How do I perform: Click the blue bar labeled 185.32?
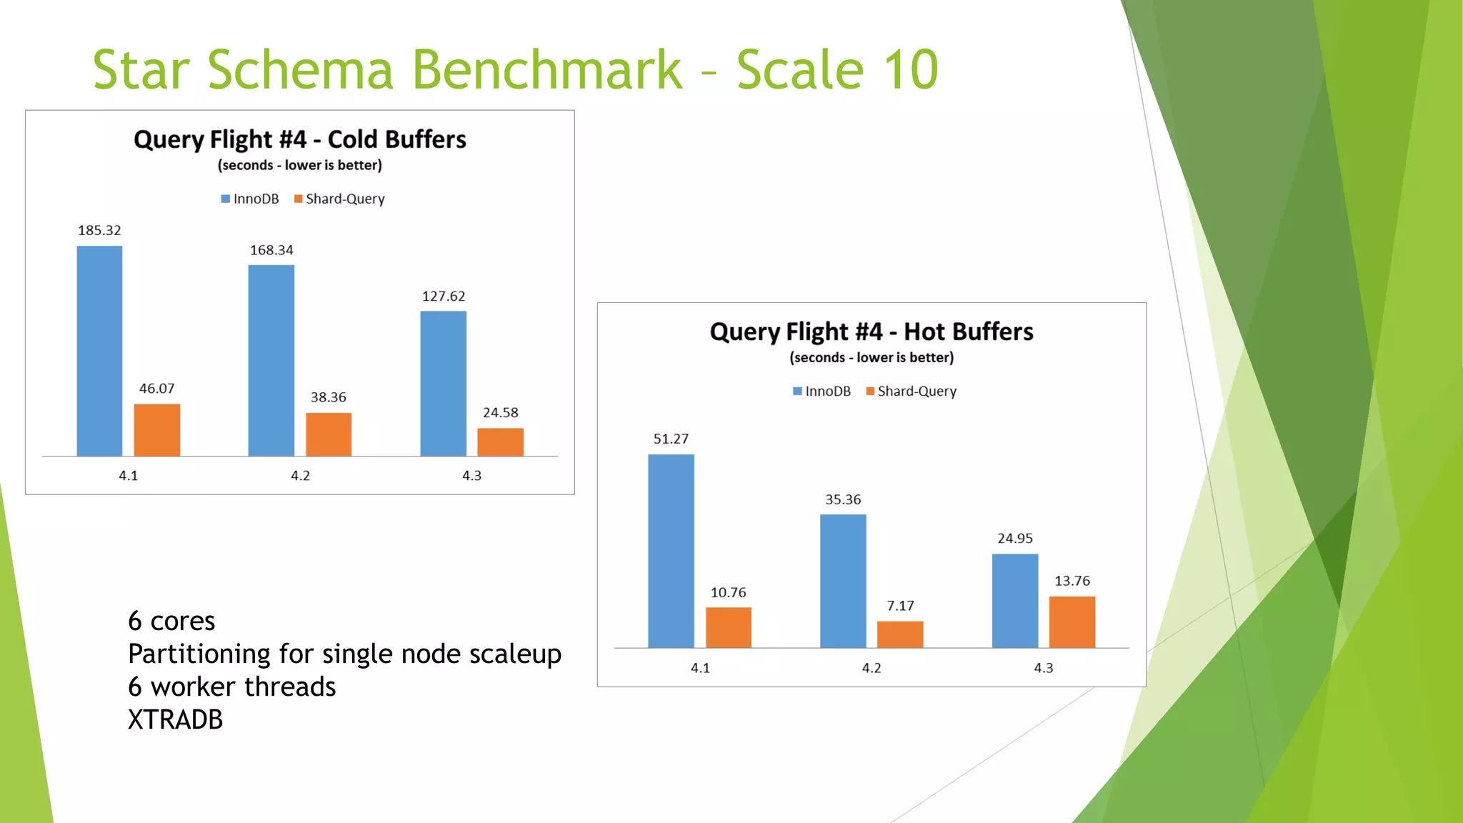(99, 351)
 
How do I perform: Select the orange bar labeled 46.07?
(156, 430)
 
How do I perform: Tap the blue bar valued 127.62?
(443, 384)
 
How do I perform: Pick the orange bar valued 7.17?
(900, 634)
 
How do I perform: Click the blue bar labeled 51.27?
(671, 551)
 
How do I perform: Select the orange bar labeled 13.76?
(1072, 622)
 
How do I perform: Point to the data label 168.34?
(271, 250)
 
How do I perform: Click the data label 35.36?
(843, 499)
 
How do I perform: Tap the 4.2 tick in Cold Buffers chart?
(300, 476)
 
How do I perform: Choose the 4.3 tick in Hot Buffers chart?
(1043, 668)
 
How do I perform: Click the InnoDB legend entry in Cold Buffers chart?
(250, 199)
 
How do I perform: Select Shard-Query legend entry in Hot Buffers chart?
(911, 391)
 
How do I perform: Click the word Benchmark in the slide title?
(546, 70)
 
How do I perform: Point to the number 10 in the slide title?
(910, 70)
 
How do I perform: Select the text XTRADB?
(175, 719)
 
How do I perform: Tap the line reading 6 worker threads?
(231, 687)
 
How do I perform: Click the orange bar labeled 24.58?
(500, 442)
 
